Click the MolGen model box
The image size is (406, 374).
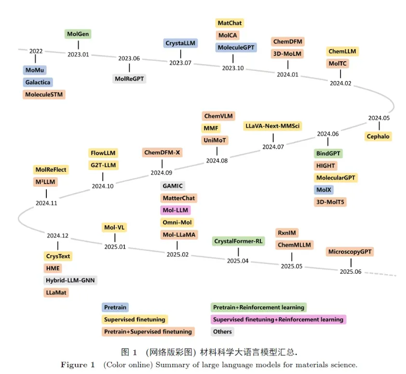78,34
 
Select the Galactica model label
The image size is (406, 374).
38,83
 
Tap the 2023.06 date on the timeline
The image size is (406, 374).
129,58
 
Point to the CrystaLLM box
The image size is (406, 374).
180,43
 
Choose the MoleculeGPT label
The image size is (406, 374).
236,47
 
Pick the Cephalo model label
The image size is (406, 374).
378,137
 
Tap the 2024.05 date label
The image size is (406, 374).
379,118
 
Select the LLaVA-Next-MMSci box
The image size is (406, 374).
273,126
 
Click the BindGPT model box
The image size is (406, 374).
328,153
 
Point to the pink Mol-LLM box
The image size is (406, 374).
176,210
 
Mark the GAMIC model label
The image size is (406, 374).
173,186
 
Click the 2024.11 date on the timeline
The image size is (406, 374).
46,203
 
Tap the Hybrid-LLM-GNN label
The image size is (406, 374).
71,280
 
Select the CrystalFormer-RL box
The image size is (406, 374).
238,241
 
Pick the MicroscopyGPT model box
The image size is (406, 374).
351,252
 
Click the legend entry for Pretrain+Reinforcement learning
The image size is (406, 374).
259,307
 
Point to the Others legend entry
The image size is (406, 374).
222,332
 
